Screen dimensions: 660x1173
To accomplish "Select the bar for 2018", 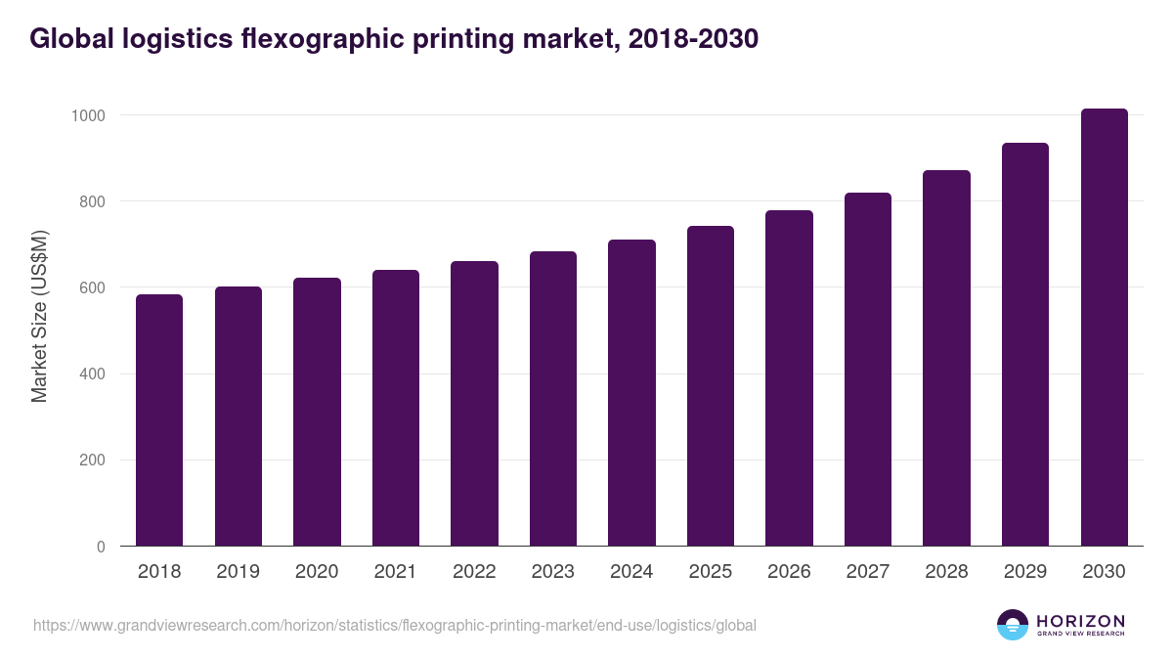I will (x=159, y=420).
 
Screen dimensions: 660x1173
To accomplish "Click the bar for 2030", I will (x=1104, y=328).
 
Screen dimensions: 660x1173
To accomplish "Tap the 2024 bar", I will (x=631, y=393).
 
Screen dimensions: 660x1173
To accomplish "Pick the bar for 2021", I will (x=396, y=408).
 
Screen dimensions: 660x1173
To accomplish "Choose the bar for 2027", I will (x=868, y=370).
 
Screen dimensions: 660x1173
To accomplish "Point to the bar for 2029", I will (x=1025, y=344).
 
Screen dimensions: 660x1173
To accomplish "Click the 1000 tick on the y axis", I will (x=88, y=115).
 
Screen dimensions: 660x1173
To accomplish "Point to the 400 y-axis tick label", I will (x=92, y=374).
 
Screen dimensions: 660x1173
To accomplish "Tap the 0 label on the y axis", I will (x=101, y=547).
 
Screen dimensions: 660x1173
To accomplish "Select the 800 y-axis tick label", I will (x=92, y=201).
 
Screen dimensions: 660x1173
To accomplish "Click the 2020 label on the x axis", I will (x=317, y=572).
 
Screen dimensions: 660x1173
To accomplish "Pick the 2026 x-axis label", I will (x=789, y=572).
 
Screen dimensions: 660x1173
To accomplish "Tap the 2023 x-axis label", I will (x=553, y=572).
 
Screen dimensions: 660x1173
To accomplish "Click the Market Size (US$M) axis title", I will (x=39, y=317).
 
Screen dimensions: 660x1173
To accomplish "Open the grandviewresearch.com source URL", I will (x=395, y=625).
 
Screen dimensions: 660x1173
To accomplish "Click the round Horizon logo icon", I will (x=1013, y=625).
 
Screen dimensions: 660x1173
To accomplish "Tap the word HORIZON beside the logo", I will (x=1080, y=620).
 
